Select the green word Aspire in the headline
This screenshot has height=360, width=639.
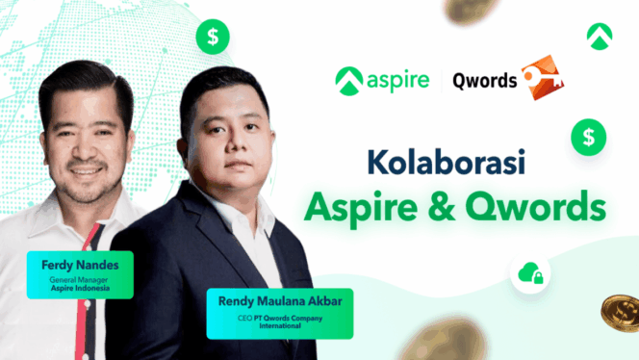(x=348, y=207)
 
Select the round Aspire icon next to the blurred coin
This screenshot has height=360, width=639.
(x=599, y=36)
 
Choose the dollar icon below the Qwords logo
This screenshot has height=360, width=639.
(x=587, y=137)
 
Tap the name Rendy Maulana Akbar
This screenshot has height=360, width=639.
(x=278, y=300)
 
